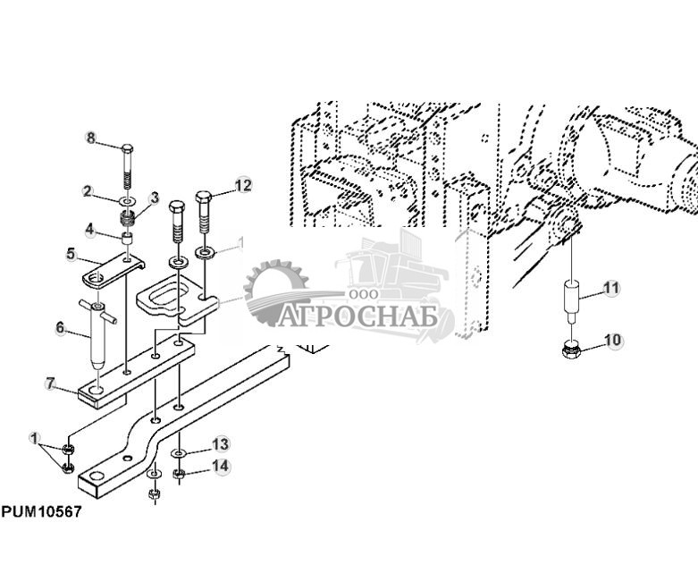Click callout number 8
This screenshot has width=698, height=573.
click(x=91, y=138)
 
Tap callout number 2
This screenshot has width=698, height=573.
click(x=88, y=191)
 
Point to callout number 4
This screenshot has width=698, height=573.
click(x=90, y=230)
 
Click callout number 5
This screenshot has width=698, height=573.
click(x=71, y=254)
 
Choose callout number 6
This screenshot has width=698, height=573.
click(x=61, y=328)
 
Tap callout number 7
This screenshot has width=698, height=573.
click(x=50, y=383)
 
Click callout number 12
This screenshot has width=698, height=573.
click(x=243, y=185)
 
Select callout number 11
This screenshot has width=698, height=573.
click(x=611, y=288)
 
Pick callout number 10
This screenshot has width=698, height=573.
click(x=613, y=341)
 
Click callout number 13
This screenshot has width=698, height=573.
click(x=221, y=444)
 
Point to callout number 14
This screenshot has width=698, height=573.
click(x=221, y=466)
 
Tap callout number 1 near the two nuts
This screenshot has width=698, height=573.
click(x=34, y=438)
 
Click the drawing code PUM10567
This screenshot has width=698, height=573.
click(x=41, y=512)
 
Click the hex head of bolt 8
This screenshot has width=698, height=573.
click(x=127, y=148)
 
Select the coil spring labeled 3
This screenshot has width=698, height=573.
click(x=128, y=219)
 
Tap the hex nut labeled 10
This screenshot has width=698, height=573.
click(x=572, y=349)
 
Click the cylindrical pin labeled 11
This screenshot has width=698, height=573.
click(x=571, y=300)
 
